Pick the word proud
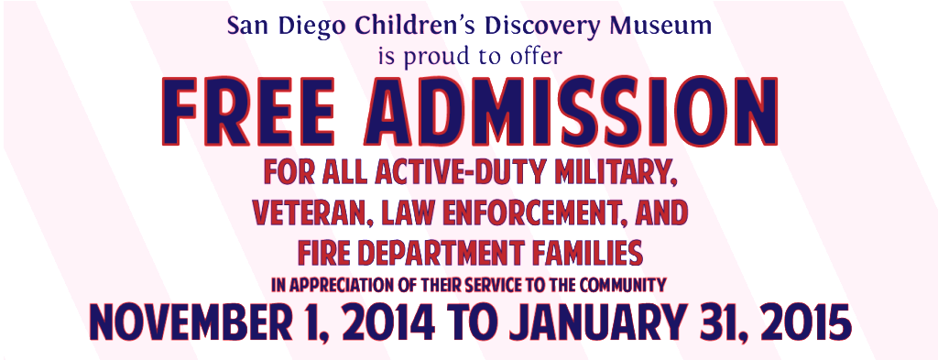(440, 55)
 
